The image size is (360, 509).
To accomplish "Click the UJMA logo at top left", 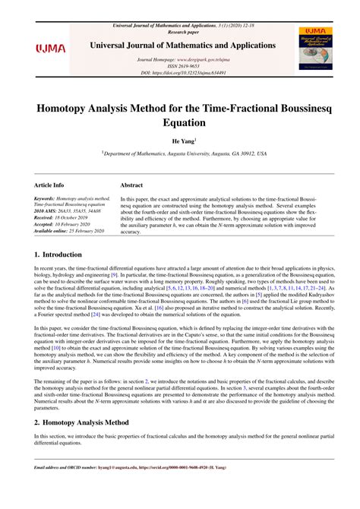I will pyautogui.click(x=51, y=49).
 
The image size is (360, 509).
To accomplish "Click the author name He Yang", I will pyautogui.click(x=178, y=141).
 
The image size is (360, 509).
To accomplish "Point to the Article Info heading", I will pyautogui.click(x=49, y=185).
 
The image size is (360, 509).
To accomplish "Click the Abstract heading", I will pyautogui.click(x=132, y=185).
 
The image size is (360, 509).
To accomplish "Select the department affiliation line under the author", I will pyautogui.click(x=180, y=153).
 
